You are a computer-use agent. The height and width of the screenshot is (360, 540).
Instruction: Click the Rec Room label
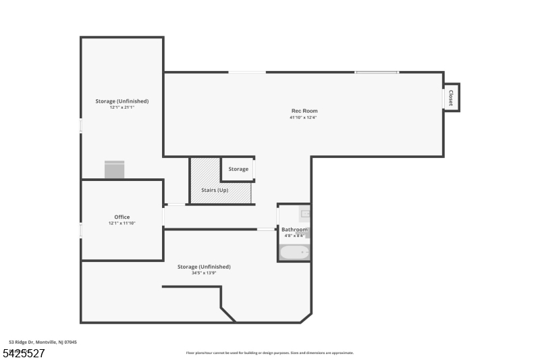coord(304,111)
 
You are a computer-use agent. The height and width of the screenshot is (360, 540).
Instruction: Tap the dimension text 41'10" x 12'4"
coord(303,118)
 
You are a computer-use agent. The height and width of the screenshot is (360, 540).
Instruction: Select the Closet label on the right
coord(450,97)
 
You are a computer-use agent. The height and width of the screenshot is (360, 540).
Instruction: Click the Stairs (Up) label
coord(215,190)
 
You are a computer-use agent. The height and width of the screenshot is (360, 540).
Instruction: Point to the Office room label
coord(122,217)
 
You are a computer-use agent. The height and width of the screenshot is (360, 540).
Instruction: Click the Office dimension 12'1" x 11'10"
coord(122,224)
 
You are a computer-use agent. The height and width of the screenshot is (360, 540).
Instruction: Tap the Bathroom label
coord(294,230)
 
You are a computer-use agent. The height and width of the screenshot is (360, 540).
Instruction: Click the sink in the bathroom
coord(305,214)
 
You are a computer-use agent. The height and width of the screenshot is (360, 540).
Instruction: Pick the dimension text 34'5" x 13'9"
coord(204,273)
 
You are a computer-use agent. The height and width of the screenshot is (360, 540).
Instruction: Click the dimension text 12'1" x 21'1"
coord(122,107)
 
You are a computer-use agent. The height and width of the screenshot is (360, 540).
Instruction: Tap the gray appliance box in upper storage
coord(115,169)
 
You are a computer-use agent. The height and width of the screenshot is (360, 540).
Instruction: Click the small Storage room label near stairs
coord(238,169)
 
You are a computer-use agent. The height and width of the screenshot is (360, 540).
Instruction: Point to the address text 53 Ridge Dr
coord(43,342)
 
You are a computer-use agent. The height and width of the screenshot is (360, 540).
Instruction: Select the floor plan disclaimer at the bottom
coord(269,353)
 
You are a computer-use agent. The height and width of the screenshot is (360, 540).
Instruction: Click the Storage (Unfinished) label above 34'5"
coord(204,267)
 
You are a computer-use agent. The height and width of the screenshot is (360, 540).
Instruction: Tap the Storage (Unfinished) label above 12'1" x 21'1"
coord(122,101)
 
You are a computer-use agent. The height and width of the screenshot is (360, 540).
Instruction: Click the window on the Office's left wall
coord(80,230)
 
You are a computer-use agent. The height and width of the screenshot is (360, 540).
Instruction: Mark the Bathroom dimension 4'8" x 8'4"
coord(294,236)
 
